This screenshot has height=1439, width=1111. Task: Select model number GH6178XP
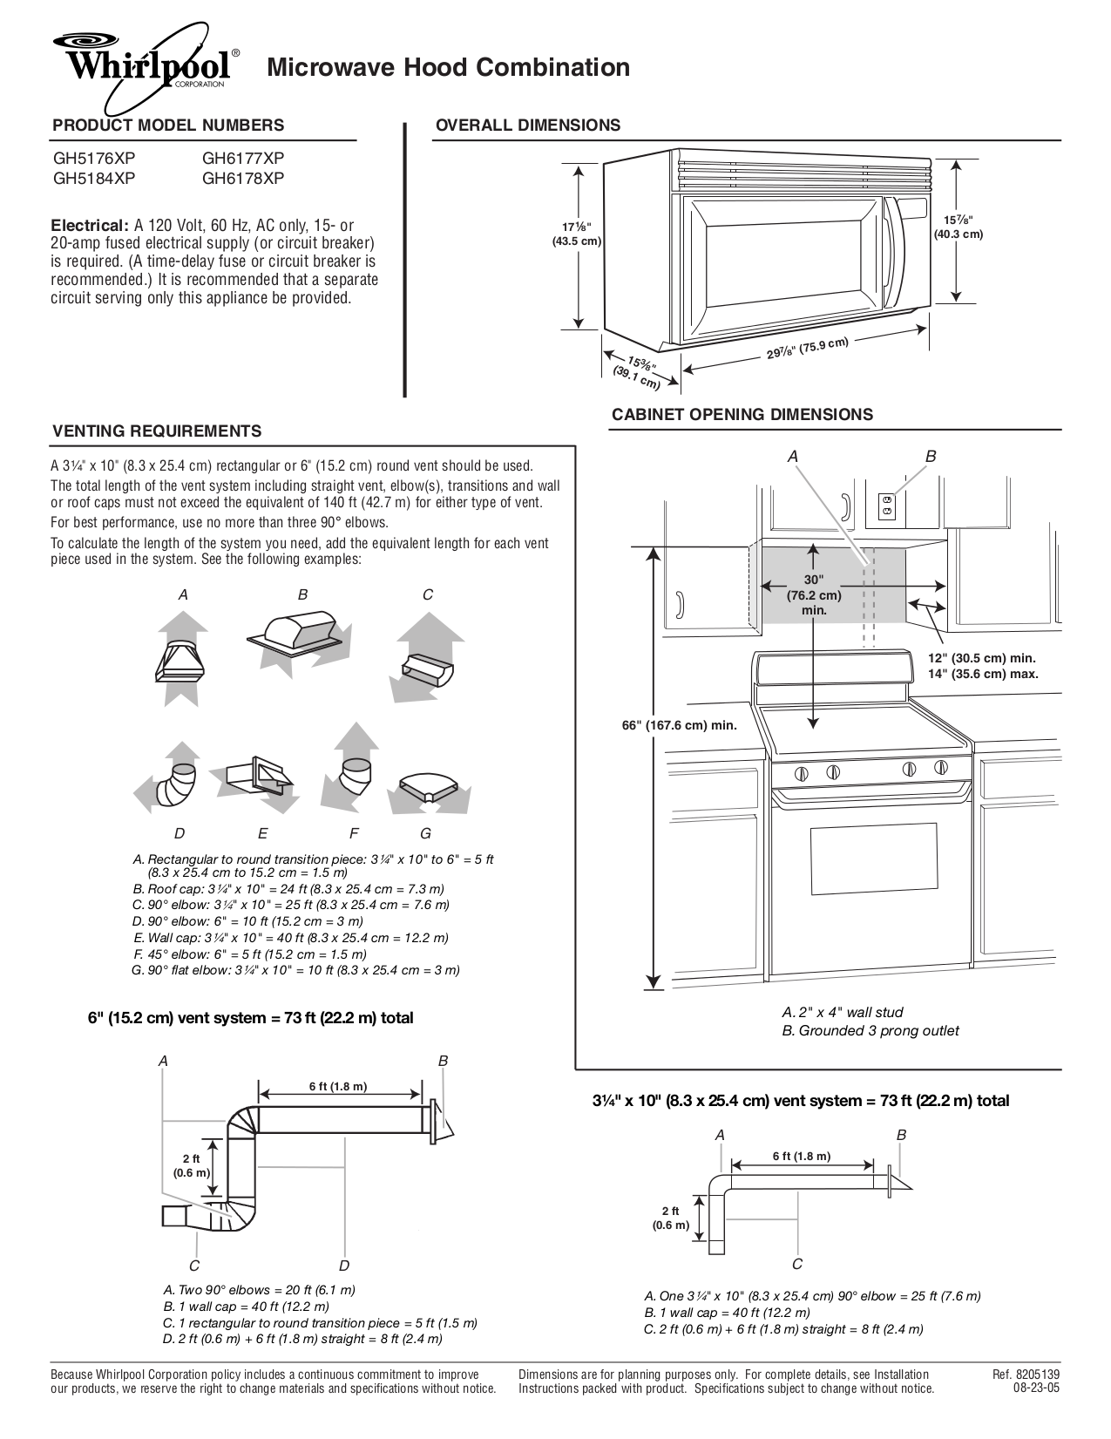(x=243, y=179)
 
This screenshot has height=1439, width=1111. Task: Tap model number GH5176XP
(x=94, y=159)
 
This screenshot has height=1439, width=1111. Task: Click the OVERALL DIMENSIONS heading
(x=527, y=126)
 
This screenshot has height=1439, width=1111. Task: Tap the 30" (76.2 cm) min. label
(x=813, y=595)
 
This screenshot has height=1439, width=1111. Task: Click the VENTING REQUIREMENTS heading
(x=157, y=431)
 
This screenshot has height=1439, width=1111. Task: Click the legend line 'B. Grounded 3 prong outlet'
(x=870, y=1031)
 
